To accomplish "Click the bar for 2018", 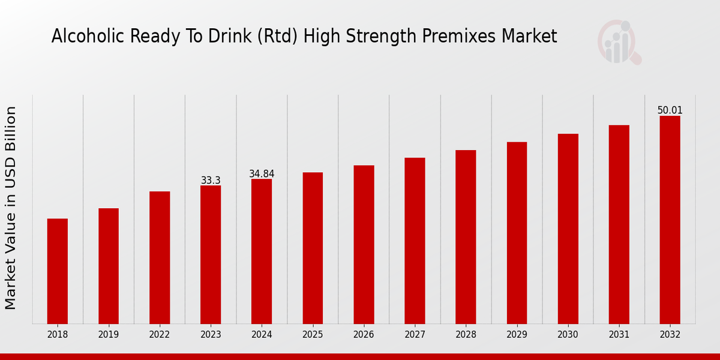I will [58, 271].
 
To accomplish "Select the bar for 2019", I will [109, 266].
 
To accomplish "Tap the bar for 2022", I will [160, 257].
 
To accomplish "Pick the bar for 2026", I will [364, 244].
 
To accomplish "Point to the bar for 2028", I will [466, 237].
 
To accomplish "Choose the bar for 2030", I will [568, 229].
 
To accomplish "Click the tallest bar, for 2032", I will [670, 220].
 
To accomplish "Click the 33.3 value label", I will [211, 181].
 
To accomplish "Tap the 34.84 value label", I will [262, 174].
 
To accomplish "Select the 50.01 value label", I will [670, 110].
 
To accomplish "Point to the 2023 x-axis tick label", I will [211, 334].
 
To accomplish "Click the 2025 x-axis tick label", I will [313, 334].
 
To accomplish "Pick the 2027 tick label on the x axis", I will [415, 334].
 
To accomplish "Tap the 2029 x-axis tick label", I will [517, 334].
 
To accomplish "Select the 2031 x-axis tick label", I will [619, 334].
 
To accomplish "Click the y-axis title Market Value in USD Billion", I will [11, 208].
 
